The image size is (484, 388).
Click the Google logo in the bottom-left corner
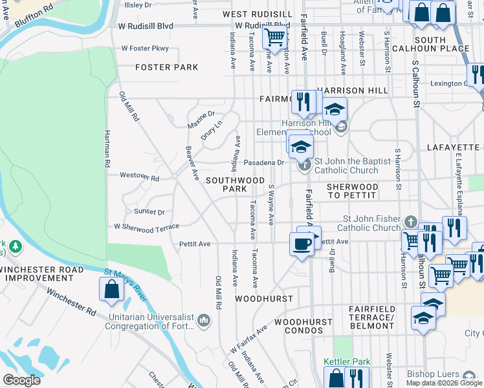[x=21, y=380]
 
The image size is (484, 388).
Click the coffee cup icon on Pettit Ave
[x=302, y=244]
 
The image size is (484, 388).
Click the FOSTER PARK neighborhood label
[x=166, y=67]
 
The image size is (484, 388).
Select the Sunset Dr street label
[x=149, y=211]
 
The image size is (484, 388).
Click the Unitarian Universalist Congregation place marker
[x=203, y=320]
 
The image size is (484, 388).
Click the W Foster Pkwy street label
[x=145, y=48]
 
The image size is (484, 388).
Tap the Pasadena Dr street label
[x=264, y=162]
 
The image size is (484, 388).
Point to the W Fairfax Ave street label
[x=248, y=339]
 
